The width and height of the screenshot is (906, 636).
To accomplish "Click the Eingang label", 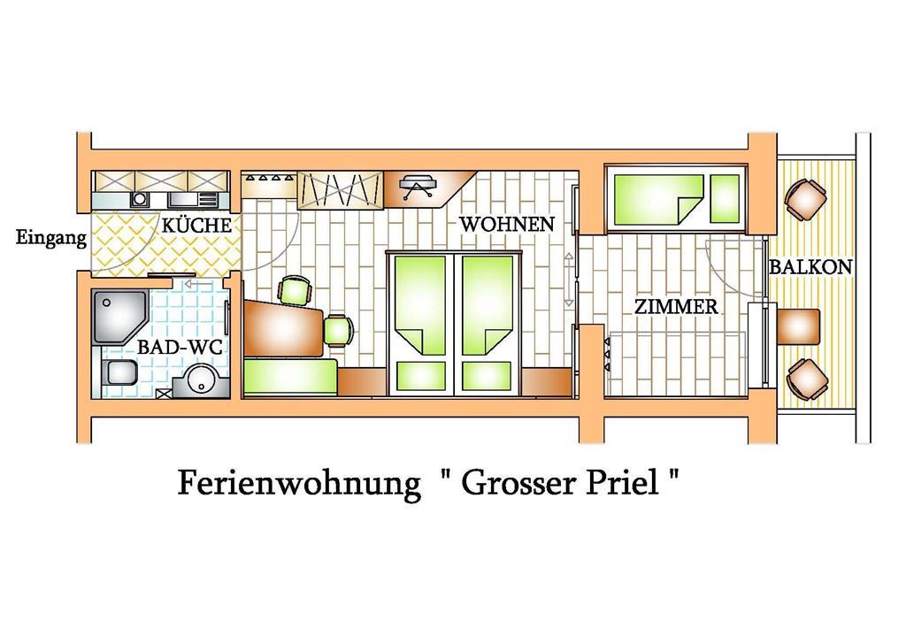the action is (50, 237).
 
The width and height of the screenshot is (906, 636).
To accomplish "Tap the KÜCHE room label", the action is (196, 225).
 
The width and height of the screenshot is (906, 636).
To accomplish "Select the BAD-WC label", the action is (180, 347).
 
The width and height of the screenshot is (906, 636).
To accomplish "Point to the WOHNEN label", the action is (507, 224).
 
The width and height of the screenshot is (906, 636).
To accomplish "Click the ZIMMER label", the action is (676, 306).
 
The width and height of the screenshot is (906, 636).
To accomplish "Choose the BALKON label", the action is (810, 267).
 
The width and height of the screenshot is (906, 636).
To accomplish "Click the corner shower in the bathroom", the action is (120, 318).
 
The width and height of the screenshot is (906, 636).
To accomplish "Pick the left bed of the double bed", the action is (420, 324).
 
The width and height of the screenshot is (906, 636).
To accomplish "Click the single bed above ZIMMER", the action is (676, 199).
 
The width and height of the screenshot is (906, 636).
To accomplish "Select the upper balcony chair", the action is (805, 200).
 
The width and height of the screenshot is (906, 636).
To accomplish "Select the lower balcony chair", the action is (807, 379).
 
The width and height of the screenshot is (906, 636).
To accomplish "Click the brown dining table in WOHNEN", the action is (282, 327).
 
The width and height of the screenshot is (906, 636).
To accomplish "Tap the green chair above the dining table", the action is (296, 290).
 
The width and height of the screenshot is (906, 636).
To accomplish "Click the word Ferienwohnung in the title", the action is (299, 483).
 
